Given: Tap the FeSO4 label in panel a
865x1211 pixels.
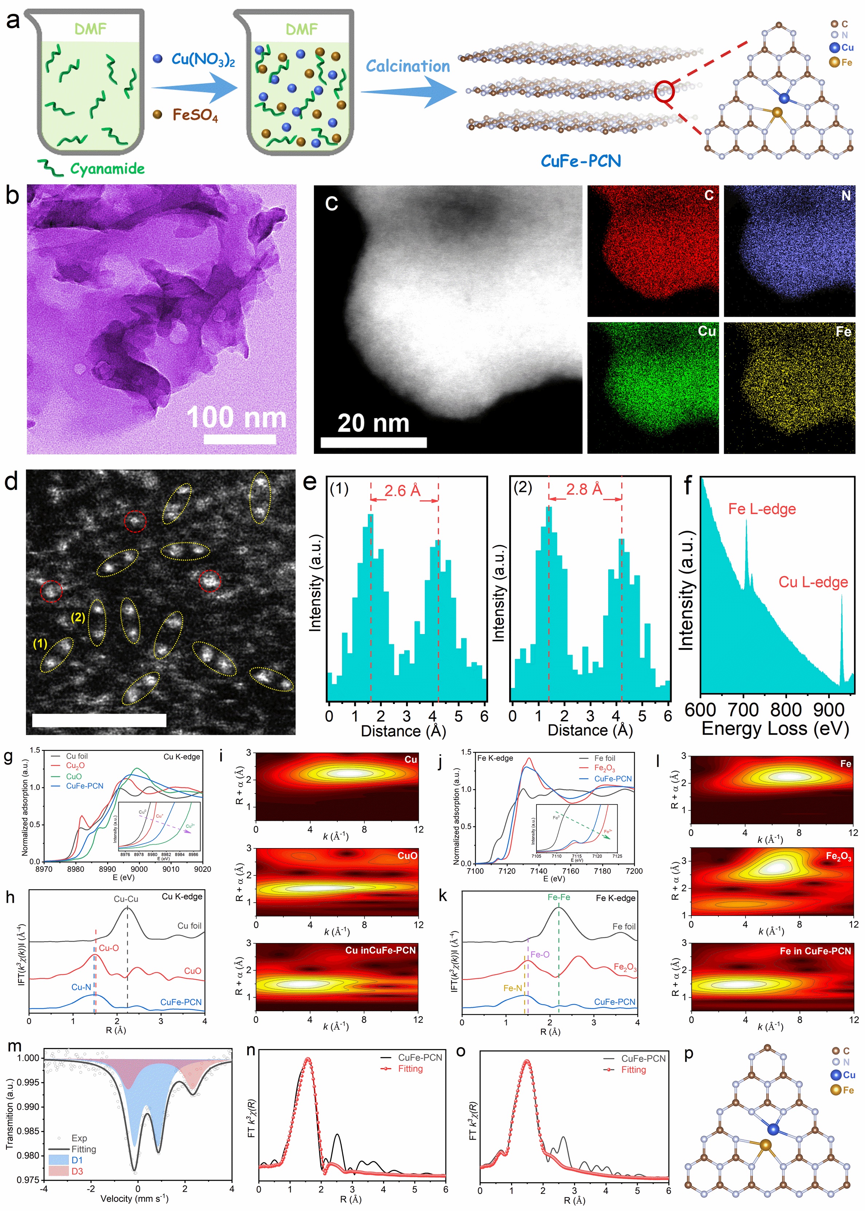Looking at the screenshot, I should point(195,115).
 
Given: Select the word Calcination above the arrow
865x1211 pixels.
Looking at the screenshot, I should point(408,67).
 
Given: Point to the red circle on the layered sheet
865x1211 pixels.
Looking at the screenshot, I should point(664,92).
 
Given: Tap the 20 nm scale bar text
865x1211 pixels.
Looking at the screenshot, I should point(373,423).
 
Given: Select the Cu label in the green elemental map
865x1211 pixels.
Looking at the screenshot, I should point(707,331).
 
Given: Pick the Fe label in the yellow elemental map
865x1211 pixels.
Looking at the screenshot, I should point(843,332).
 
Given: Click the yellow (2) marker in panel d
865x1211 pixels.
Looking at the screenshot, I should point(78,617).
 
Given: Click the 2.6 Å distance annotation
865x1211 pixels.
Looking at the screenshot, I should point(403,490).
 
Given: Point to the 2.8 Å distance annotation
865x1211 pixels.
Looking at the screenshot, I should point(584,489).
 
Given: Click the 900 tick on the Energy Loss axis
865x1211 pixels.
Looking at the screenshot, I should point(828,709).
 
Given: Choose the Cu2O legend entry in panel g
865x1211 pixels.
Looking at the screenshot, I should point(75,765).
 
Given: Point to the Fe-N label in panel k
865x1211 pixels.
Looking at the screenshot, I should point(512,988).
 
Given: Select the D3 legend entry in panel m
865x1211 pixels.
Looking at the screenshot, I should point(77,1171).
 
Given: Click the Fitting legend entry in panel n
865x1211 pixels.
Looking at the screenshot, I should point(410,1068).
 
